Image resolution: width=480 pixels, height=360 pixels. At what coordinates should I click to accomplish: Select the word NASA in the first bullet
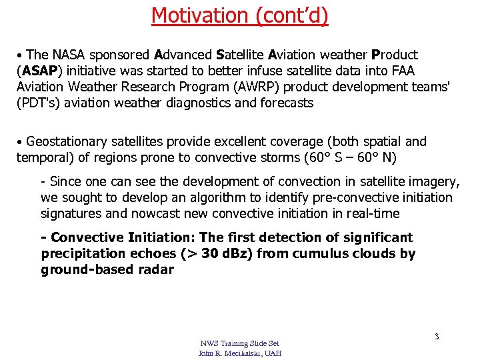click(69, 55)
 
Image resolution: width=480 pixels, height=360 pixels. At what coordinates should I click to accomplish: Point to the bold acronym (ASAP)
click(39, 71)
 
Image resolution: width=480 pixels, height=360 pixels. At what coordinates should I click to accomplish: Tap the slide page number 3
click(437, 337)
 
